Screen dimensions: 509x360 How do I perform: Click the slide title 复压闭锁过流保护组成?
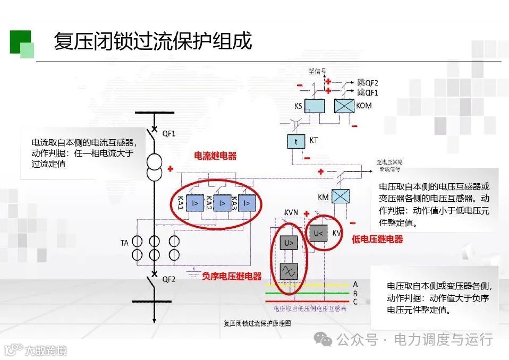[x=152, y=41]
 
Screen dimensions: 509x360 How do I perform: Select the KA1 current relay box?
[x=195, y=203]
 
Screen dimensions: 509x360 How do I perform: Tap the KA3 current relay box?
[x=247, y=203]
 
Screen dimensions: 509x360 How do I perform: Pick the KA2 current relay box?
[x=220, y=203]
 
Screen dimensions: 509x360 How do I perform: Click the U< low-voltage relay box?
[x=319, y=233]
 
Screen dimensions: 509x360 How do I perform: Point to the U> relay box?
[x=289, y=243]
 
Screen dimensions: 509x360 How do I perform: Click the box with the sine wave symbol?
[x=289, y=271]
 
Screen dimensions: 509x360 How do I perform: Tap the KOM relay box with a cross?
[x=344, y=106]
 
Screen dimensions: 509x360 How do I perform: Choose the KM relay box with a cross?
[x=341, y=196]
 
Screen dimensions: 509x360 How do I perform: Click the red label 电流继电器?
[x=215, y=156]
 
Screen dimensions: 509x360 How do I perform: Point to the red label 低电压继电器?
[x=377, y=239]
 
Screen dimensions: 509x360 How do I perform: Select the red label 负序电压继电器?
[x=232, y=276]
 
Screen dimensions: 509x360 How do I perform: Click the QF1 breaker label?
[x=169, y=133]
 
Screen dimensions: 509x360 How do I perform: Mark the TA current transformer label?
[x=124, y=243]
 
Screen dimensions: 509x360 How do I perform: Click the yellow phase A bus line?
[x=308, y=285]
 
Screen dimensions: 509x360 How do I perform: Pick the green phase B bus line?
[x=308, y=293]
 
